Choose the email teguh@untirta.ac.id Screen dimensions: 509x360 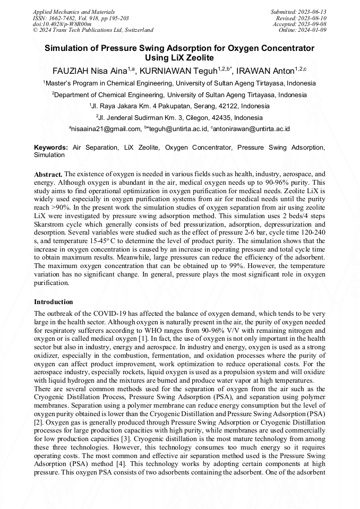click(x=177, y=129)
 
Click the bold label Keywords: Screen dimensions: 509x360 click(x=51, y=148)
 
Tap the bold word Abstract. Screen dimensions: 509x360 click(x=48, y=174)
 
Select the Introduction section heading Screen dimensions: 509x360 click(x=54, y=302)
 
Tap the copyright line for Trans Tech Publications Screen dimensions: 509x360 click(x=93, y=30)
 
